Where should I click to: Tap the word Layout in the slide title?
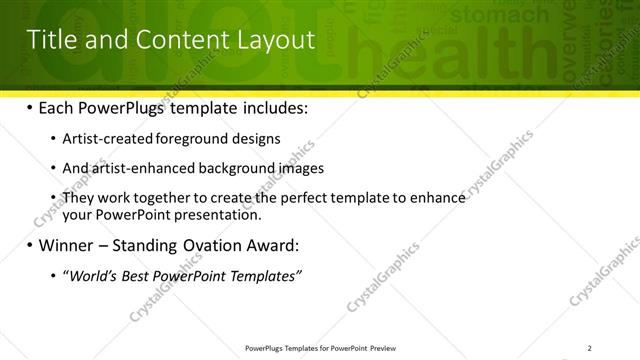(x=274, y=40)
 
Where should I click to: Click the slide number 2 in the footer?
(x=590, y=348)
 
